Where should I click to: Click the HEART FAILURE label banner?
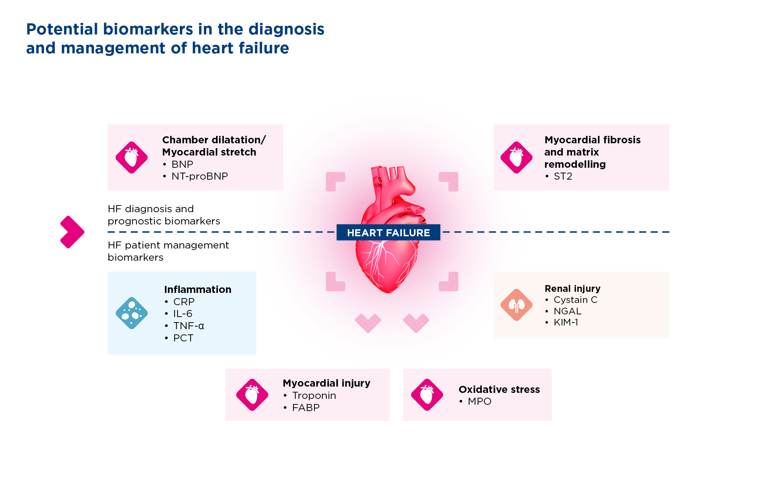tap(388, 233)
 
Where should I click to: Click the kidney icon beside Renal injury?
tap(517, 305)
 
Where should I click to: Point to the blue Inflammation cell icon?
tap(132, 313)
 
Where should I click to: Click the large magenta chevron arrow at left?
tap(72, 232)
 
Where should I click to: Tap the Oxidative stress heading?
tap(499, 390)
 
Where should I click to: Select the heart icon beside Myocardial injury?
tap(252, 395)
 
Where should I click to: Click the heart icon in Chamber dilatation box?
tap(132, 157)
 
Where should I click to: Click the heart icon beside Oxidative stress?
tap(427, 395)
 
